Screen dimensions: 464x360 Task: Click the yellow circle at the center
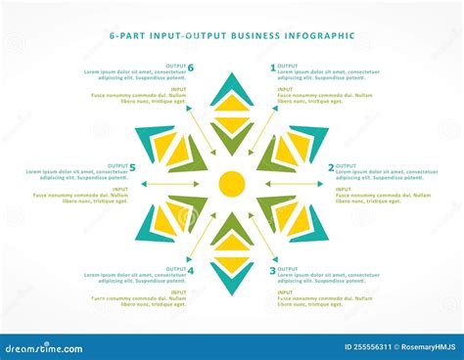click(x=232, y=183)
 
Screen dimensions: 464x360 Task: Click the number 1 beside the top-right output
click(x=272, y=67)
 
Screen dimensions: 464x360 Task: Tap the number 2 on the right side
click(x=330, y=167)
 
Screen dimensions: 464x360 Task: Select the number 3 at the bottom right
click(x=272, y=271)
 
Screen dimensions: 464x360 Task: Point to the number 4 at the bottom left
click(x=190, y=271)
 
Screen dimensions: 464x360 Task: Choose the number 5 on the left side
click(x=132, y=167)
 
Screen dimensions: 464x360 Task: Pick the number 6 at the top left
click(x=190, y=67)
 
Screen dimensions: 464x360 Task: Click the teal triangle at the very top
click(x=232, y=86)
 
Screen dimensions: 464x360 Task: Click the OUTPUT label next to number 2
click(x=346, y=165)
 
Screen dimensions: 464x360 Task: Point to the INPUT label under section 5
click(x=120, y=189)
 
